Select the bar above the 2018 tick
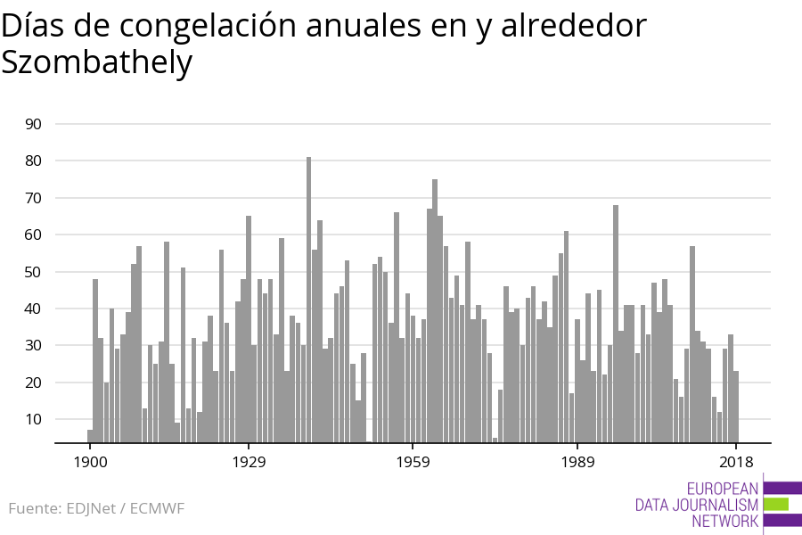(x=736, y=406)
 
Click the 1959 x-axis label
(x=413, y=462)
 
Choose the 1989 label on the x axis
(x=577, y=462)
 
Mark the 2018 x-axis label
(x=736, y=462)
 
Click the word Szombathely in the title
(x=96, y=62)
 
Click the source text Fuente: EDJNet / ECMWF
(x=96, y=508)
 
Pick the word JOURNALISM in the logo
(x=696, y=505)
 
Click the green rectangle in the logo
(x=776, y=505)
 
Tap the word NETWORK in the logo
(x=724, y=522)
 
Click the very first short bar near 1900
(x=90, y=435)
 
